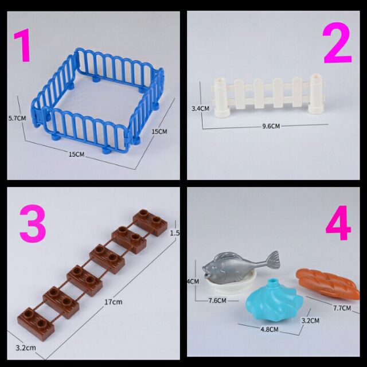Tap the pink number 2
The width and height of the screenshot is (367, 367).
pyautogui.click(x=337, y=43)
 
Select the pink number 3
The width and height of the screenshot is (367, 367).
pyautogui.click(x=33, y=224)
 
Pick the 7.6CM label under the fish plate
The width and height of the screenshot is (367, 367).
pyautogui.click(x=220, y=300)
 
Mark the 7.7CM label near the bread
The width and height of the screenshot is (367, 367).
pyautogui.click(x=341, y=308)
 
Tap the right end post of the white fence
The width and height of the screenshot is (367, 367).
pyautogui.click(x=317, y=93)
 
